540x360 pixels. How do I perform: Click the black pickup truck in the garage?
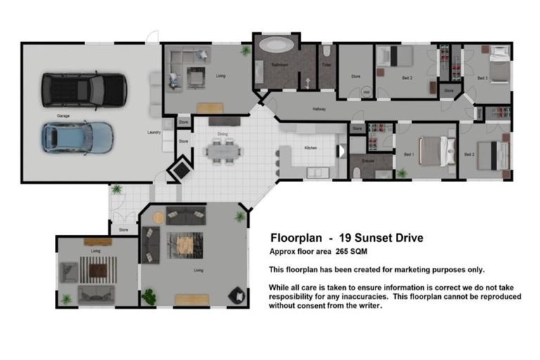[84, 89]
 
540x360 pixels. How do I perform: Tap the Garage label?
[63, 115]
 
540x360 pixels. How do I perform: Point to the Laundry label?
[154, 131]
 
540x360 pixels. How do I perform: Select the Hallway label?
[319, 109]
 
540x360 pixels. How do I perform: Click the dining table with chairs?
[222, 150]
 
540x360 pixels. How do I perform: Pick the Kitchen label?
[311, 148]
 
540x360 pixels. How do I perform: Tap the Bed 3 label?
[482, 78]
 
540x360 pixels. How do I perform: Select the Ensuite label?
[367, 160]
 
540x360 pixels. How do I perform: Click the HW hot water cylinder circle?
[366, 91]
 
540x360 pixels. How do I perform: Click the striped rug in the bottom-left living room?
[97, 269]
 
